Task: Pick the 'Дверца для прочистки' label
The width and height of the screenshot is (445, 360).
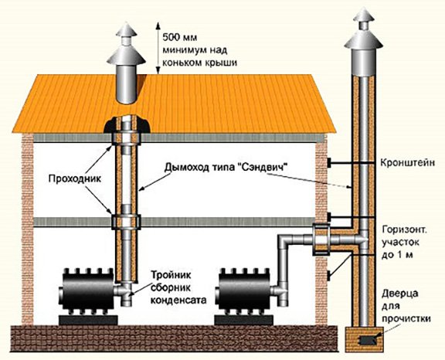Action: point(404,306)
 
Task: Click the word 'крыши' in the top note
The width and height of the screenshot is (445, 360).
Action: point(219,61)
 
